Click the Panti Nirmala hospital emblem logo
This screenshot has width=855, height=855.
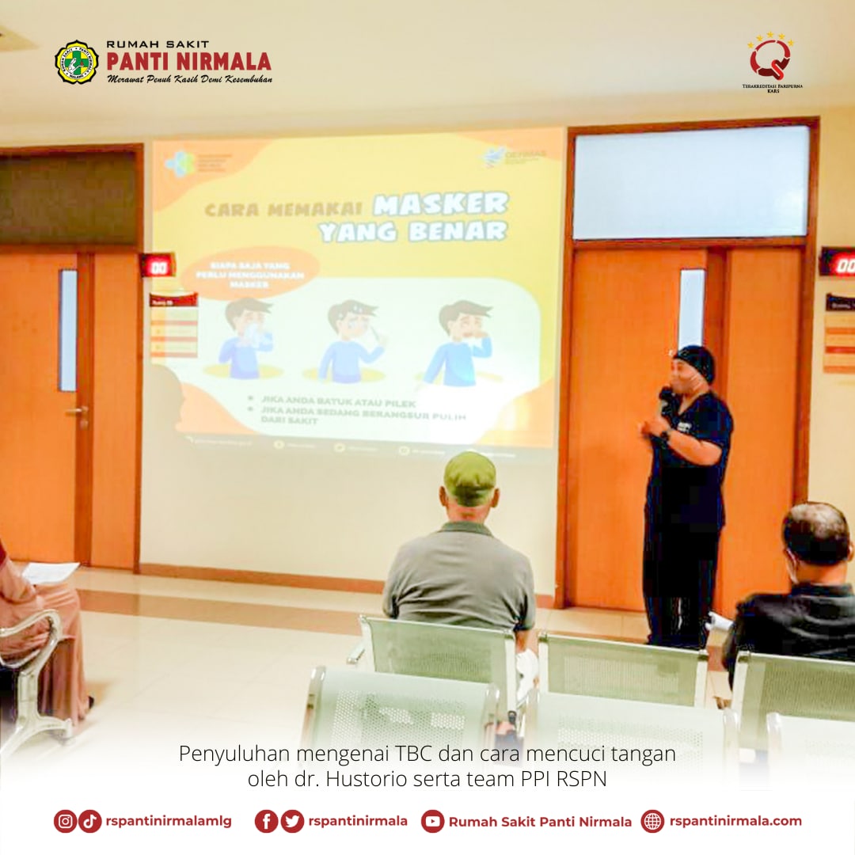[x=76, y=63]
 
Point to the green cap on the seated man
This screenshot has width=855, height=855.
[x=469, y=477]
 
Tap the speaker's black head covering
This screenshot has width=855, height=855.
[x=696, y=362]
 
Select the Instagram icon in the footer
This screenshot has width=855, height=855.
[x=65, y=821]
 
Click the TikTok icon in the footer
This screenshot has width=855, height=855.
[x=90, y=821]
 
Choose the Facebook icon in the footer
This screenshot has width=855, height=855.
[x=266, y=821]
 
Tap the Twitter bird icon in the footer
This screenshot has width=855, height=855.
[x=292, y=821]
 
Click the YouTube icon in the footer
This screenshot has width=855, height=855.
[x=432, y=821]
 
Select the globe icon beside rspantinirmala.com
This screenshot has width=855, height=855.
[x=652, y=821]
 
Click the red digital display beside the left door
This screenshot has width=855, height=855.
[x=157, y=264]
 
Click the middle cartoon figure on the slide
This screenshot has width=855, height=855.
[x=349, y=340]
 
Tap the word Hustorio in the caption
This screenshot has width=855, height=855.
[x=369, y=779]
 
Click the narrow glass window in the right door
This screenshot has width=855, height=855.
[x=691, y=309]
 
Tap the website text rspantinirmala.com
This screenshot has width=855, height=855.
[x=735, y=821]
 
